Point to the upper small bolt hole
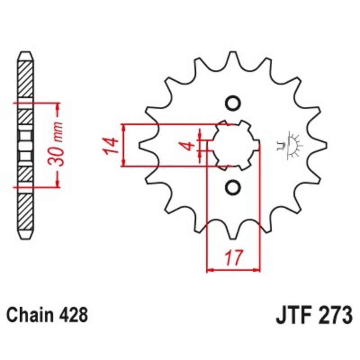(233, 103)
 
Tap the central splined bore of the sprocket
(233, 145)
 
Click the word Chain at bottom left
(29, 315)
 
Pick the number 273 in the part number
(333, 315)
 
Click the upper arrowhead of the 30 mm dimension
(58, 106)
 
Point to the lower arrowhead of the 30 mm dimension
(58, 183)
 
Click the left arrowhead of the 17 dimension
(209, 270)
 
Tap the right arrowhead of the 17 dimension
(258, 270)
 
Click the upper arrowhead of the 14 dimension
(125, 127)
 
